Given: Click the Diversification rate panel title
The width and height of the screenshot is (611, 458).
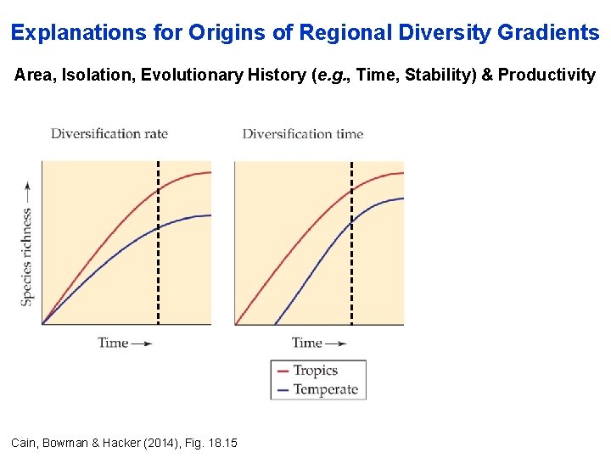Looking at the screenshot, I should point(109,133).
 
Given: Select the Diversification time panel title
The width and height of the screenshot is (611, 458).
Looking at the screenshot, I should point(302,133).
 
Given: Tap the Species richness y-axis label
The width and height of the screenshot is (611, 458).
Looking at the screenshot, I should point(27,246).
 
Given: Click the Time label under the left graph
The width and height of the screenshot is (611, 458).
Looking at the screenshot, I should point(114,343).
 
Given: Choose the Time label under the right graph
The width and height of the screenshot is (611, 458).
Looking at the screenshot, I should point(307,343).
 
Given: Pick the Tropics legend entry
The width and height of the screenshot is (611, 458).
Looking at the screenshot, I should point(315,371).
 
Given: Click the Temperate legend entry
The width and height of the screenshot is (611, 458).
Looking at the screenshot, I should point(325,390).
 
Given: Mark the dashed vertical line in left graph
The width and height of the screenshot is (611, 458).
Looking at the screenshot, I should point(158,254).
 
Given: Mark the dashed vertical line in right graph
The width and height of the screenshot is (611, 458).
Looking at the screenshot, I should point(351,254).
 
